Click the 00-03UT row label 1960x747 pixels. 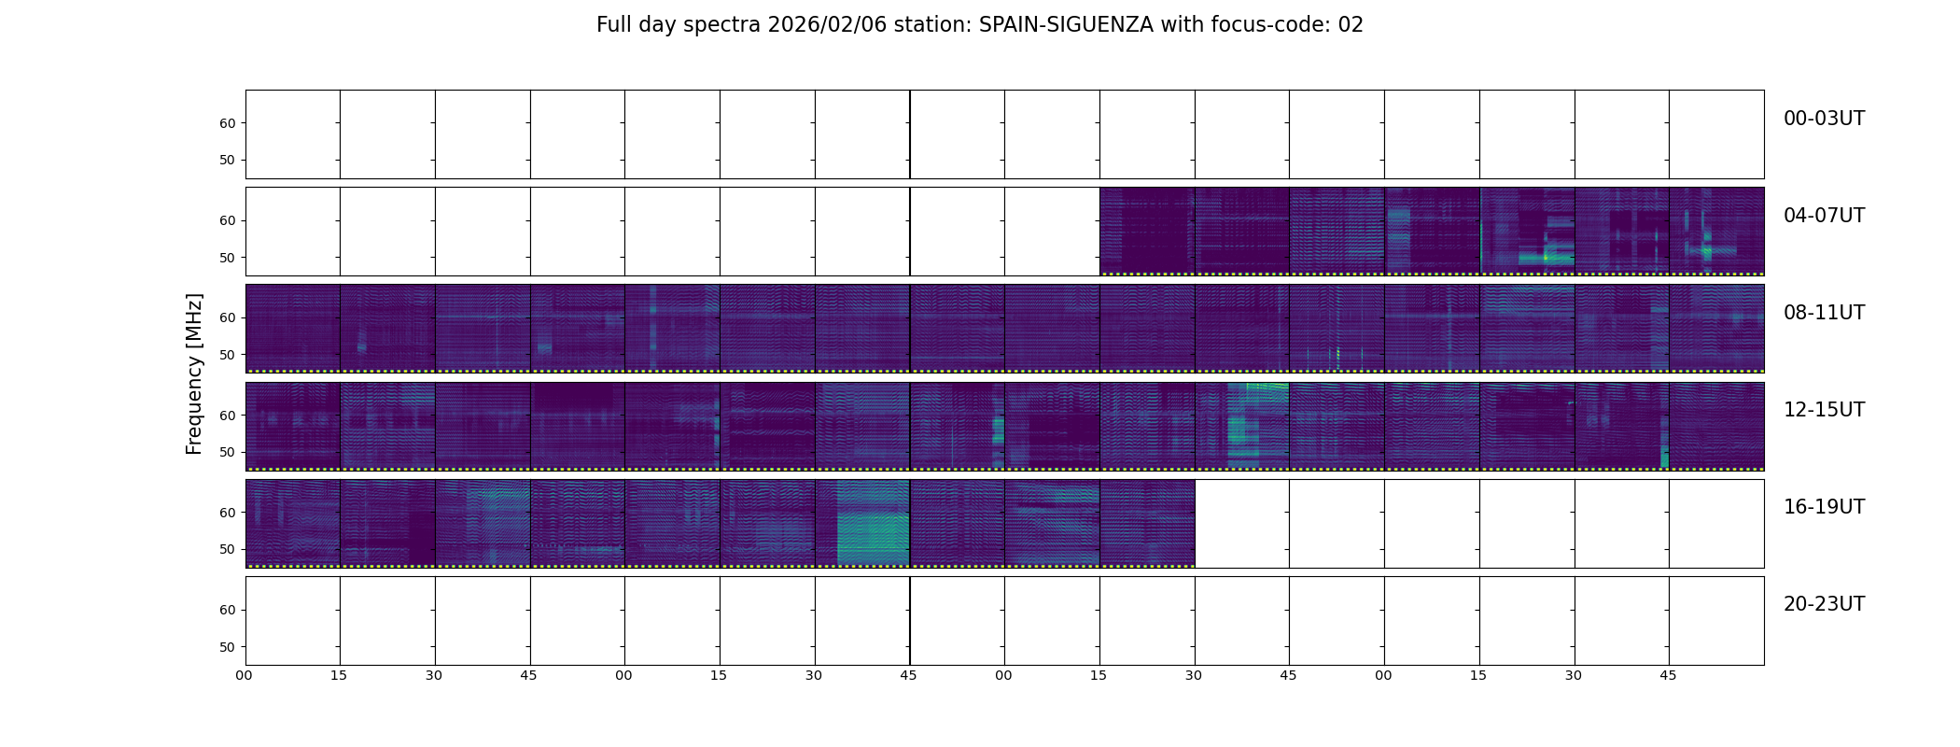pos(1823,119)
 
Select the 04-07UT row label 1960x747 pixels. pos(1823,216)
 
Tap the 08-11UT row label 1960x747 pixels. pos(1823,313)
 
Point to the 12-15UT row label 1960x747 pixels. pos(1823,410)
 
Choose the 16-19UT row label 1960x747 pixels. pos(1823,507)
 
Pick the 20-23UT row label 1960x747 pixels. pos(1823,604)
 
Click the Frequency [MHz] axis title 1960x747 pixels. pos(194,373)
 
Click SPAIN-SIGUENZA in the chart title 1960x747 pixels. pos(1066,25)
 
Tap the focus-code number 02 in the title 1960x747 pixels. pos(1351,25)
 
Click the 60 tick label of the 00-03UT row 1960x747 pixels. pos(227,123)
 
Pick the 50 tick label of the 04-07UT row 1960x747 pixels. pos(227,258)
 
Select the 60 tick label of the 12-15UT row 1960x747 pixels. pos(227,416)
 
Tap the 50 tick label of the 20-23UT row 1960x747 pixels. pos(227,647)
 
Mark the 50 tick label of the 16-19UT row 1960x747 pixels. pos(227,550)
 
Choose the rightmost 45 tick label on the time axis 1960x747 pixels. pos(1668,675)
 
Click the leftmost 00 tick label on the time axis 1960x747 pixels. pos(245,675)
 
